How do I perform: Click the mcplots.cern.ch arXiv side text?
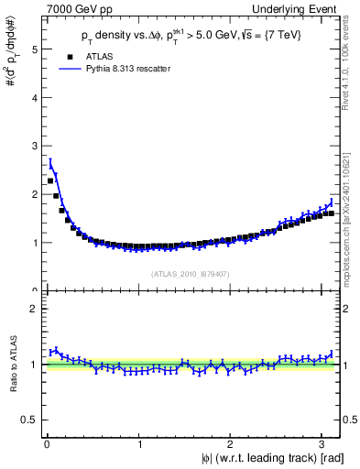(x=351, y=202)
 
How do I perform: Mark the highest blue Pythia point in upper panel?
(x=50, y=166)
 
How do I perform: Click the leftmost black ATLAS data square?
(x=50, y=180)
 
